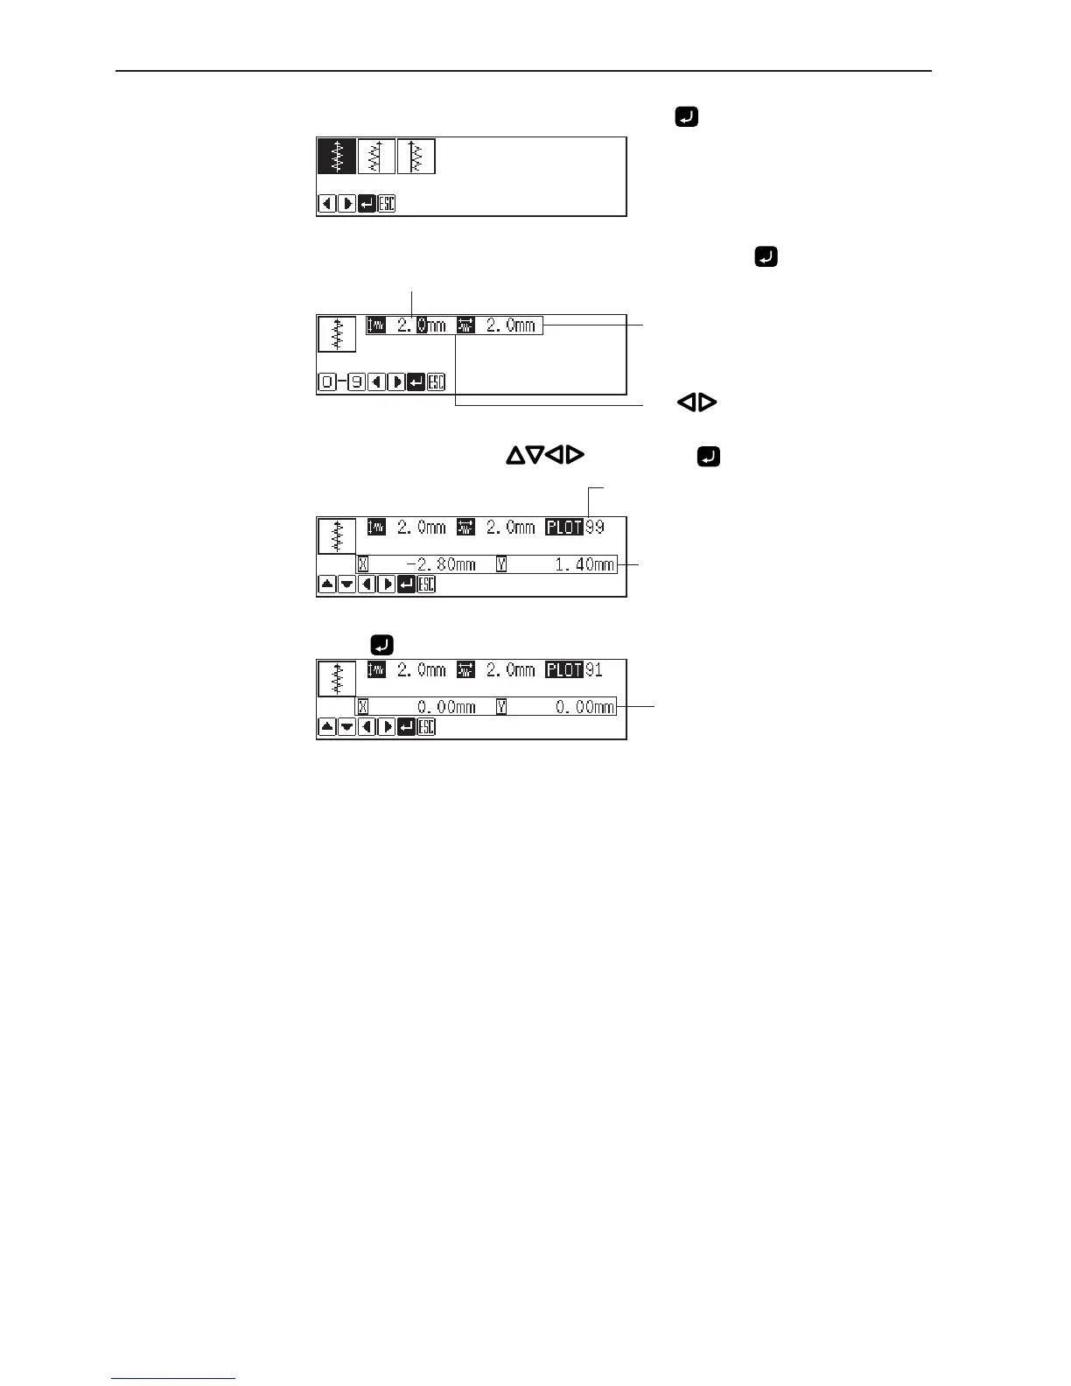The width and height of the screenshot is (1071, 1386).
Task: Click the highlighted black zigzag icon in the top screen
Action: click(x=336, y=157)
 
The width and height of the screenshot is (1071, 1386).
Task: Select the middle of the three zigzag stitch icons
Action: click(x=376, y=157)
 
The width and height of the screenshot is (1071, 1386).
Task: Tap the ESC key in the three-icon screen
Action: click(x=387, y=204)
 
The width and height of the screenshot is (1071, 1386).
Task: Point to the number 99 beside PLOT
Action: click(x=595, y=528)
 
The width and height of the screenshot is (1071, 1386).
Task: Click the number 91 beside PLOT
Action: click(x=594, y=670)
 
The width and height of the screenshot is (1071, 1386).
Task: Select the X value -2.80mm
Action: click(x=441, y=564)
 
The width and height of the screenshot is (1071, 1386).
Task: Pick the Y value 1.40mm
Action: click(x=584, y=564)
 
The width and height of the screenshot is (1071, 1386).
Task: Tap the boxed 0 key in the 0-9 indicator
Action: click(x=327, y=382)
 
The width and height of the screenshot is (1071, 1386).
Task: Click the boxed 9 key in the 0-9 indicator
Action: click(x=356, y=382)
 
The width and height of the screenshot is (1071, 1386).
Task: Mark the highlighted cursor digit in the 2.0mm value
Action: click(x=422, y=325)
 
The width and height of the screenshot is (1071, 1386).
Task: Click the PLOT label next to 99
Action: click(x=564, y=528)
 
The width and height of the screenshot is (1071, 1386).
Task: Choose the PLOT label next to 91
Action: click(x=564, y=670)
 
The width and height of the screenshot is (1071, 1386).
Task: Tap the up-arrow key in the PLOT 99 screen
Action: click(x=327, y=584)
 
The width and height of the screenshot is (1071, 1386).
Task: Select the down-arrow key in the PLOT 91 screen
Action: click(x=346, y=727)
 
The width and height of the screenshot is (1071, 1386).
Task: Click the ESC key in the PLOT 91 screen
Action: click(x=426, y=727)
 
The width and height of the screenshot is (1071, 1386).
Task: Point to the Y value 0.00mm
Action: click(x=584, y=707)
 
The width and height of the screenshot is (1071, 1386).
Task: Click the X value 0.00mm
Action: click(x=446, y=707)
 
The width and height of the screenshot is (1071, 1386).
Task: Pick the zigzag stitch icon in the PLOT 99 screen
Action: click(x=337, y=536)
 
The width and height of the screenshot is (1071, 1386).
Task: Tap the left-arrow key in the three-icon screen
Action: click(x=327, y=204)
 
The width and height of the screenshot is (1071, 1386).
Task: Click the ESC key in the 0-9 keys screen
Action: click(x=437, y=382)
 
